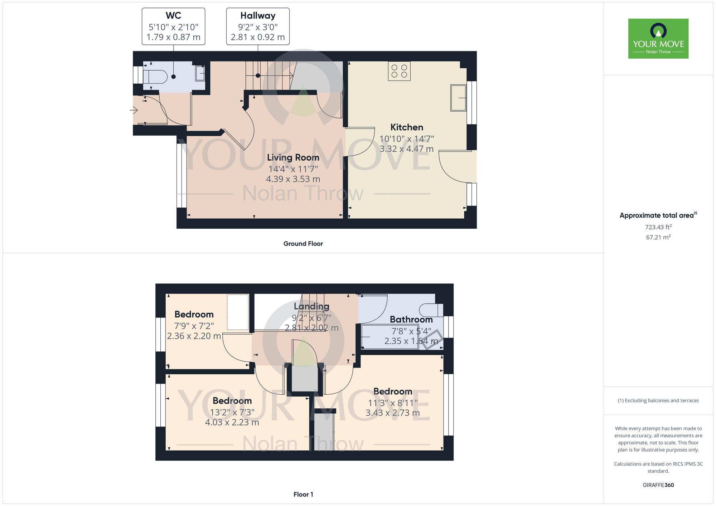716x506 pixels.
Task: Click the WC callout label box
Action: point(173,26)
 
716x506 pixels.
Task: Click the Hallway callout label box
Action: point(258,26)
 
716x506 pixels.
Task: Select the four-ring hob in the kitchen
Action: point(399,71)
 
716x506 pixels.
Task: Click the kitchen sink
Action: point(458,98)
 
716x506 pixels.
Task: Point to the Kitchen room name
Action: point(407,127)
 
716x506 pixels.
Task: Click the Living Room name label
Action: point(293,157)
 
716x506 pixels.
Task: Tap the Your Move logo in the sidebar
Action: point(658,39)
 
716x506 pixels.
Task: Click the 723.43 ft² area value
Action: point(658,227)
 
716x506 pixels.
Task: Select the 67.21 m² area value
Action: point(658,237)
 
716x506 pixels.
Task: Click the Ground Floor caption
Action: point(303,244)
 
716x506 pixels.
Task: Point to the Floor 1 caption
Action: point(303,495)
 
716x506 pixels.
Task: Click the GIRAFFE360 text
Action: point(658,485)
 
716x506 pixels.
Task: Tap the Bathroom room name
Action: point(411,319)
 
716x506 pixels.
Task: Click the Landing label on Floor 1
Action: point(311,306)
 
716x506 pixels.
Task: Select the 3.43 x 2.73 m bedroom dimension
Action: point(393,413)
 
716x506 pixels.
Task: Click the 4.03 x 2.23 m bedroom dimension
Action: point(232,422)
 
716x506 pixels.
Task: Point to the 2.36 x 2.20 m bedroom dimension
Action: point(194,336)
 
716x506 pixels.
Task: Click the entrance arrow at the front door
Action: point(134,110)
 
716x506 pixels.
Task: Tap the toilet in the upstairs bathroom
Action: point(431,310)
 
